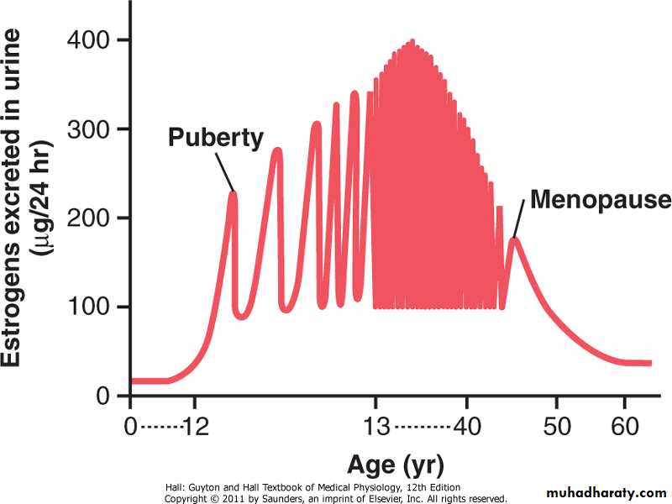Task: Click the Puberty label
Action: coord(216,138)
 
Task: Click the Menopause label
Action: coord(600,201)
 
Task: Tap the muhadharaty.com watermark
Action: coord(606,491)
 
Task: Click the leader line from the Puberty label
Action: coord(224,172)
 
